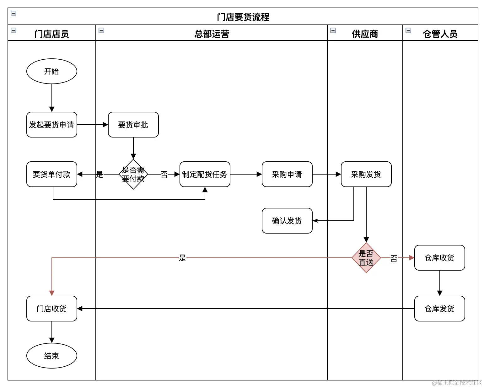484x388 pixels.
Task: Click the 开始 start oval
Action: click(52, 71)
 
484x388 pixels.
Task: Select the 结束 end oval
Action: click(52, 356)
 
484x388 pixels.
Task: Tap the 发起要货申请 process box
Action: click(52, 125)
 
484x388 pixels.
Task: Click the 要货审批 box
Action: click(133, 125)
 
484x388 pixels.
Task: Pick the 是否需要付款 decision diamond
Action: click(133, 174)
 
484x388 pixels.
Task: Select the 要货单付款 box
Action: click(52, 174)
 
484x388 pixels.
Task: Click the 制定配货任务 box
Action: click(205, 174)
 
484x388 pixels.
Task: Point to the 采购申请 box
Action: click(287, 174)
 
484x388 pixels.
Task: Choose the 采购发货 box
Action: click(366, 174)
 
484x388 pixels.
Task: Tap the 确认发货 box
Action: click(287, 221)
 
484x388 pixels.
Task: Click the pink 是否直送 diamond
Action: click(366, 258)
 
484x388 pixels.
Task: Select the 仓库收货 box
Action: click(439, 258)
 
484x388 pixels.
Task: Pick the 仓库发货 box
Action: click(439, 309)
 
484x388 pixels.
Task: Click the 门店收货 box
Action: click(52, 309)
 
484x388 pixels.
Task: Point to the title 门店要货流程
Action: click(243, 17)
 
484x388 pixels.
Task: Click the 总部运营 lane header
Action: click(212, 34)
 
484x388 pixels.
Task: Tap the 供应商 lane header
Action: click(365, 34)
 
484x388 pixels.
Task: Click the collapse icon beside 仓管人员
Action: click(408, 30)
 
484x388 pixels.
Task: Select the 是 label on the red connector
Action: click(182, 258)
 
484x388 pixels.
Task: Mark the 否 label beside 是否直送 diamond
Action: click(394, 258)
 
